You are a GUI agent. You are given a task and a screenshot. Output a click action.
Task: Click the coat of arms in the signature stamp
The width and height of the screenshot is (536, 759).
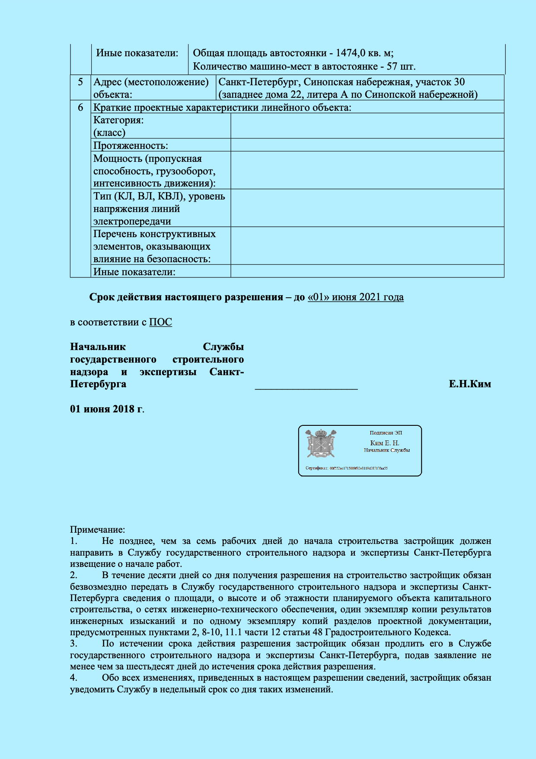coord(321,444)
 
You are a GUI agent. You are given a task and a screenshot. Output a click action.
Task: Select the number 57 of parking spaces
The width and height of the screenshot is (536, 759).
coord(392,67)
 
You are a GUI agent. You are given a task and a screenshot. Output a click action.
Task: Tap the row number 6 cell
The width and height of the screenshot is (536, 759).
coord(80,107)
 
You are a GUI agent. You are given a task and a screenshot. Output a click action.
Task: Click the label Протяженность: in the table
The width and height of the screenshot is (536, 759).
coord(131,145)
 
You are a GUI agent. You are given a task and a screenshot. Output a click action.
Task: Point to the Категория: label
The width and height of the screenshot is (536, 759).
coord(118,120)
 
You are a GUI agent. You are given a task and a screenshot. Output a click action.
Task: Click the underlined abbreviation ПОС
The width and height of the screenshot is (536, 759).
coord(160,322)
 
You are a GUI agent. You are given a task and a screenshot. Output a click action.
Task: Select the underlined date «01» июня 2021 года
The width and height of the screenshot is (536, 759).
coord(355,297)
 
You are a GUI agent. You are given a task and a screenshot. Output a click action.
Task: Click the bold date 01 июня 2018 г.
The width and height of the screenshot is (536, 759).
coord(107,409)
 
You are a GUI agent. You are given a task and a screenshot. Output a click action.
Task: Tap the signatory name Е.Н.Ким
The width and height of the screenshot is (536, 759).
coord(469,384)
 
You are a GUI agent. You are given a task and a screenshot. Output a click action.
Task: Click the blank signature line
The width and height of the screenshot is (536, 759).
coord(306,386)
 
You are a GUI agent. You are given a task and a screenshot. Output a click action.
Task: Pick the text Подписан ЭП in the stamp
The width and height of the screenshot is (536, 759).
coord(386,433)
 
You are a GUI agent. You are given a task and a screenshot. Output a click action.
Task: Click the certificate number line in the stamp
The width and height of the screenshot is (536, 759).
coord(346,468)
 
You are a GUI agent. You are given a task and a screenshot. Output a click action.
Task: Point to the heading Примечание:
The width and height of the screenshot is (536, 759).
coord(97,530)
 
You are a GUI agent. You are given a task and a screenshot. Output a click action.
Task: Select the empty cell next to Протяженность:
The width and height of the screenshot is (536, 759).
coord(367,145)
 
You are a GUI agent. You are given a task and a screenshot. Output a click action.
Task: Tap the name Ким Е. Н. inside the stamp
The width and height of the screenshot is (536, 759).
coord(385,443)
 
